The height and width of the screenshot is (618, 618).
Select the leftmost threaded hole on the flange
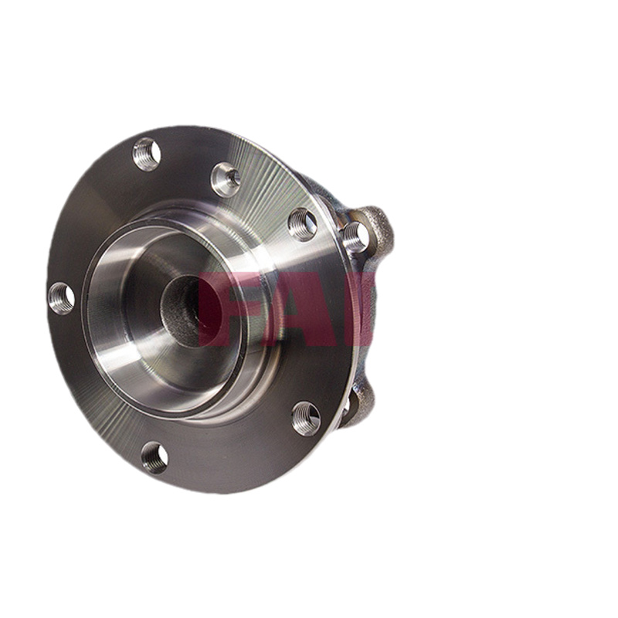click(x=62, y=298)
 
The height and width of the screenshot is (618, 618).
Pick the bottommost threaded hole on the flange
click(x=154, y=458)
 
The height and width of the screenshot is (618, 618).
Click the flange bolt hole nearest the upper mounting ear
click(x=302, y=224)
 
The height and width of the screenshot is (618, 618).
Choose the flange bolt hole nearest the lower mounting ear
click(x=306, y=419)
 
